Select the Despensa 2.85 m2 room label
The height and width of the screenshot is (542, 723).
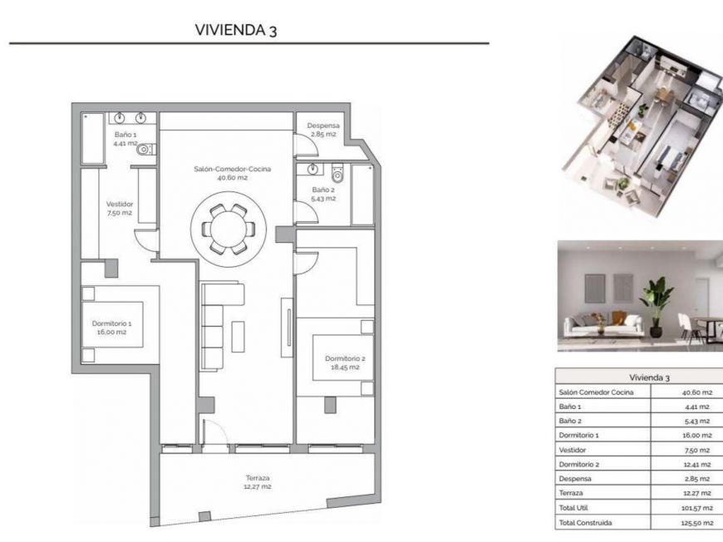(x=322, y=131)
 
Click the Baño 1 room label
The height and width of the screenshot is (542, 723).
(x=125, y=139)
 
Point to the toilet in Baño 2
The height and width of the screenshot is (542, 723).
(x=337, y=175)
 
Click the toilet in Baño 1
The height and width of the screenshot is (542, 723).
(x=145, y=150)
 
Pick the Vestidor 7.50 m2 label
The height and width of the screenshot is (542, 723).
(x=120, y=208)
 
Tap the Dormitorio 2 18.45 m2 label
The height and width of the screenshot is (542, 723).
(x=344, y=362)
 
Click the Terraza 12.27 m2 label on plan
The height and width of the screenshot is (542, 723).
(x=257, y=482)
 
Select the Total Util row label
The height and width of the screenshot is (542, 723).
(x=574, y=508)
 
